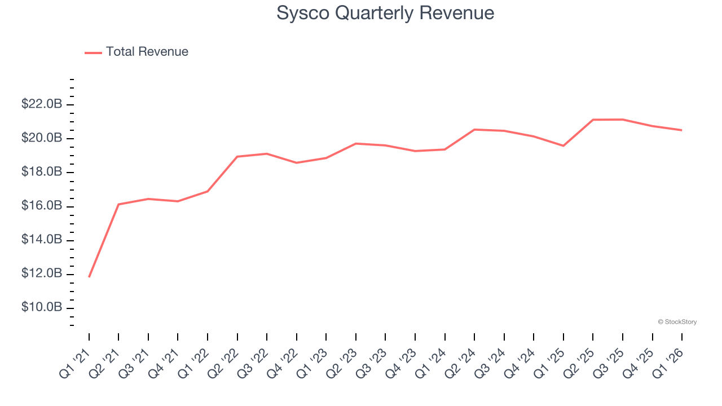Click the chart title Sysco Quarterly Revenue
click(x=385, y=13)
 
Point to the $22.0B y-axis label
click(x=41, y=104)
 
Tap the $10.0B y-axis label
click(x=41, y=308)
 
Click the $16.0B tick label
click(x=41, y=206)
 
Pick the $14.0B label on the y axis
click(x=41, y=240)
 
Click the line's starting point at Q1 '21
click(x=89, y=277)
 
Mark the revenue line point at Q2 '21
click(x=118, y=204)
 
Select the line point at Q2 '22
click(x=237, y=156)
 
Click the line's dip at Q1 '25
click(x=563, y=146)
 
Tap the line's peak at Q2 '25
click(x=593, y=120)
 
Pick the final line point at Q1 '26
click(x=682, y=130)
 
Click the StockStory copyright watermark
click(x=677, y=322)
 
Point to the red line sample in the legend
click(x=93, y=52)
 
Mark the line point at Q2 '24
click(x=474, y=130)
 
